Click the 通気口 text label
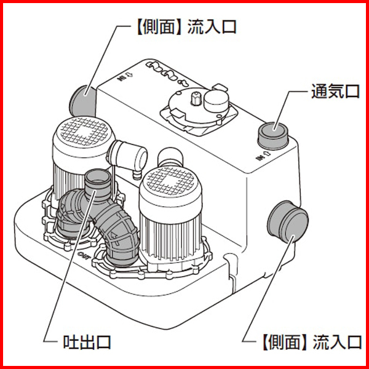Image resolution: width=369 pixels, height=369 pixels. click(x=334, y=92)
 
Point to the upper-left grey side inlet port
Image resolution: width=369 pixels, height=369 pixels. click(x=81, y=98)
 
